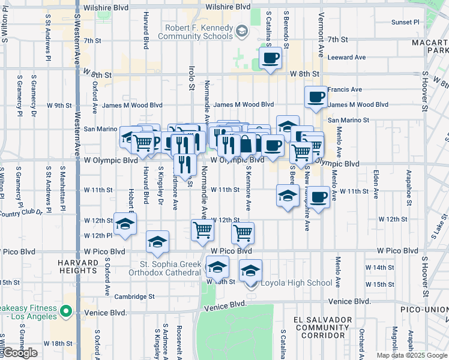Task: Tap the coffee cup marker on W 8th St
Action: (270, 59)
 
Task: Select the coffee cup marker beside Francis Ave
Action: (316, 97)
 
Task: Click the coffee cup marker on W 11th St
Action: (319, 197)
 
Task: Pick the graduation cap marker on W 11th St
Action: (288, 196)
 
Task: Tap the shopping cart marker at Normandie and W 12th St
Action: (203, 230)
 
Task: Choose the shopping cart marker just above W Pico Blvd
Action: (243, 233)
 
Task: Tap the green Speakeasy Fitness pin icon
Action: (67, 311)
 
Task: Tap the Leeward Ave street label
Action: (347, 58)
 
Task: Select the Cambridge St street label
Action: (134, 296)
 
